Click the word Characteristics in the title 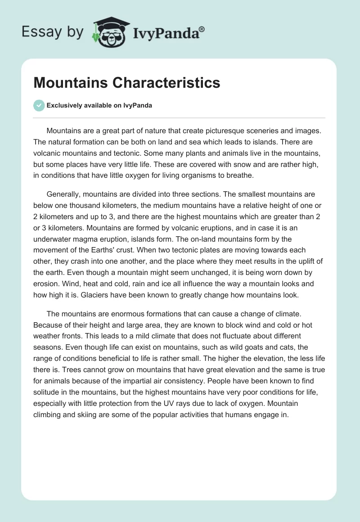166,83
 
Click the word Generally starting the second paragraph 64,194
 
